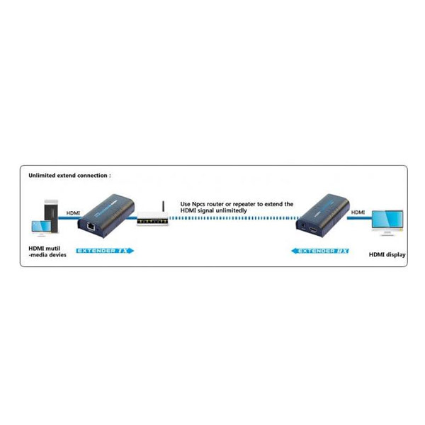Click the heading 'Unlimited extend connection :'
[x=69, y=176]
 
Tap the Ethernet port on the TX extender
[x=91, y=226]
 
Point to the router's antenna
[x=164, y=207]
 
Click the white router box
[x=152, y=219]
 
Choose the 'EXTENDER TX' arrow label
[x=105, y=251]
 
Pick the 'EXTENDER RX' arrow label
[x=320, y=251]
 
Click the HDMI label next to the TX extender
[x=73, y=213]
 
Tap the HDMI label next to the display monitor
[x=358, y=212]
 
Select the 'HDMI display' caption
[x=387, y=255]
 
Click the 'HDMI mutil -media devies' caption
[x=47, y=251]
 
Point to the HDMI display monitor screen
[x=387, y=220]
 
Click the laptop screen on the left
[x=41, y=227]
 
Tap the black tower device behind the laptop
[x=51, y=216]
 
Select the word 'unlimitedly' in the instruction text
[x=232, y=210]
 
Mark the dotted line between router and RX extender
[x=233, y=218]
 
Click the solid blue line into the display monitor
[x=359, y=218]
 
